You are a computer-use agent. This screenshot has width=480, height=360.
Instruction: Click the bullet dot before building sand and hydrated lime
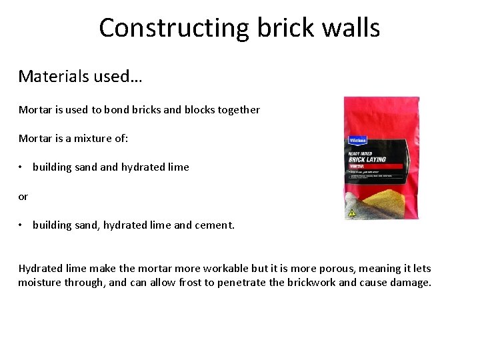click(22, 167)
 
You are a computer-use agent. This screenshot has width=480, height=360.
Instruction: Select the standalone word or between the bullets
click(23, 196)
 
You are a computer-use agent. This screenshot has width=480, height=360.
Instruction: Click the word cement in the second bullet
click(212, 225)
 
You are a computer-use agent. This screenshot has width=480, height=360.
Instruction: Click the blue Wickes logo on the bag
click(359, 141)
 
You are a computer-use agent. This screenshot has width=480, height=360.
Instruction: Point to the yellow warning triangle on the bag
click(351, 213)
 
